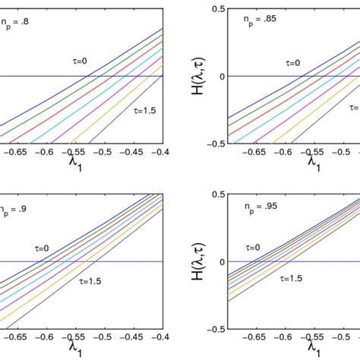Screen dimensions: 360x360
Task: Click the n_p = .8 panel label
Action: (16, 23)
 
